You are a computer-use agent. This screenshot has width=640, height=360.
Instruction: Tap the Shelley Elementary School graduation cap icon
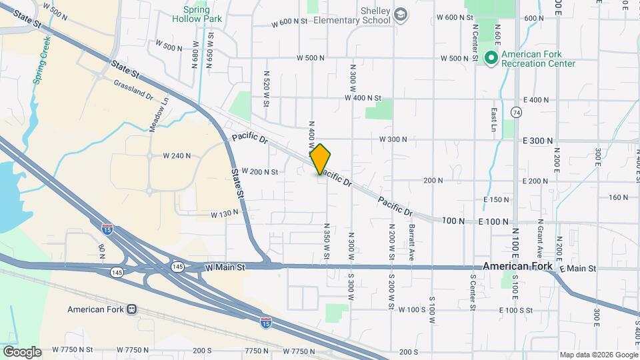click(401, 15)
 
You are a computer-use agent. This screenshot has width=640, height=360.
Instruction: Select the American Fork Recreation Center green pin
click(491, 59)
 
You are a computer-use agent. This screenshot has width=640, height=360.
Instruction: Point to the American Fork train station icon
click(132, 309)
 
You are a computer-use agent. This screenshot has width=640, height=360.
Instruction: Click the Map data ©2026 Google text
click(597, 355)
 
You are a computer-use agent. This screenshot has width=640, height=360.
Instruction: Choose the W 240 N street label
click(177, 156)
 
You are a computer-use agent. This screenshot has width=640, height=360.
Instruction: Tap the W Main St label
click(225, 267)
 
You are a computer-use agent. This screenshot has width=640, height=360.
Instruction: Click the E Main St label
click(577, 268)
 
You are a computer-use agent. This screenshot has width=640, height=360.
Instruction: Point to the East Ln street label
click(494, 118)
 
